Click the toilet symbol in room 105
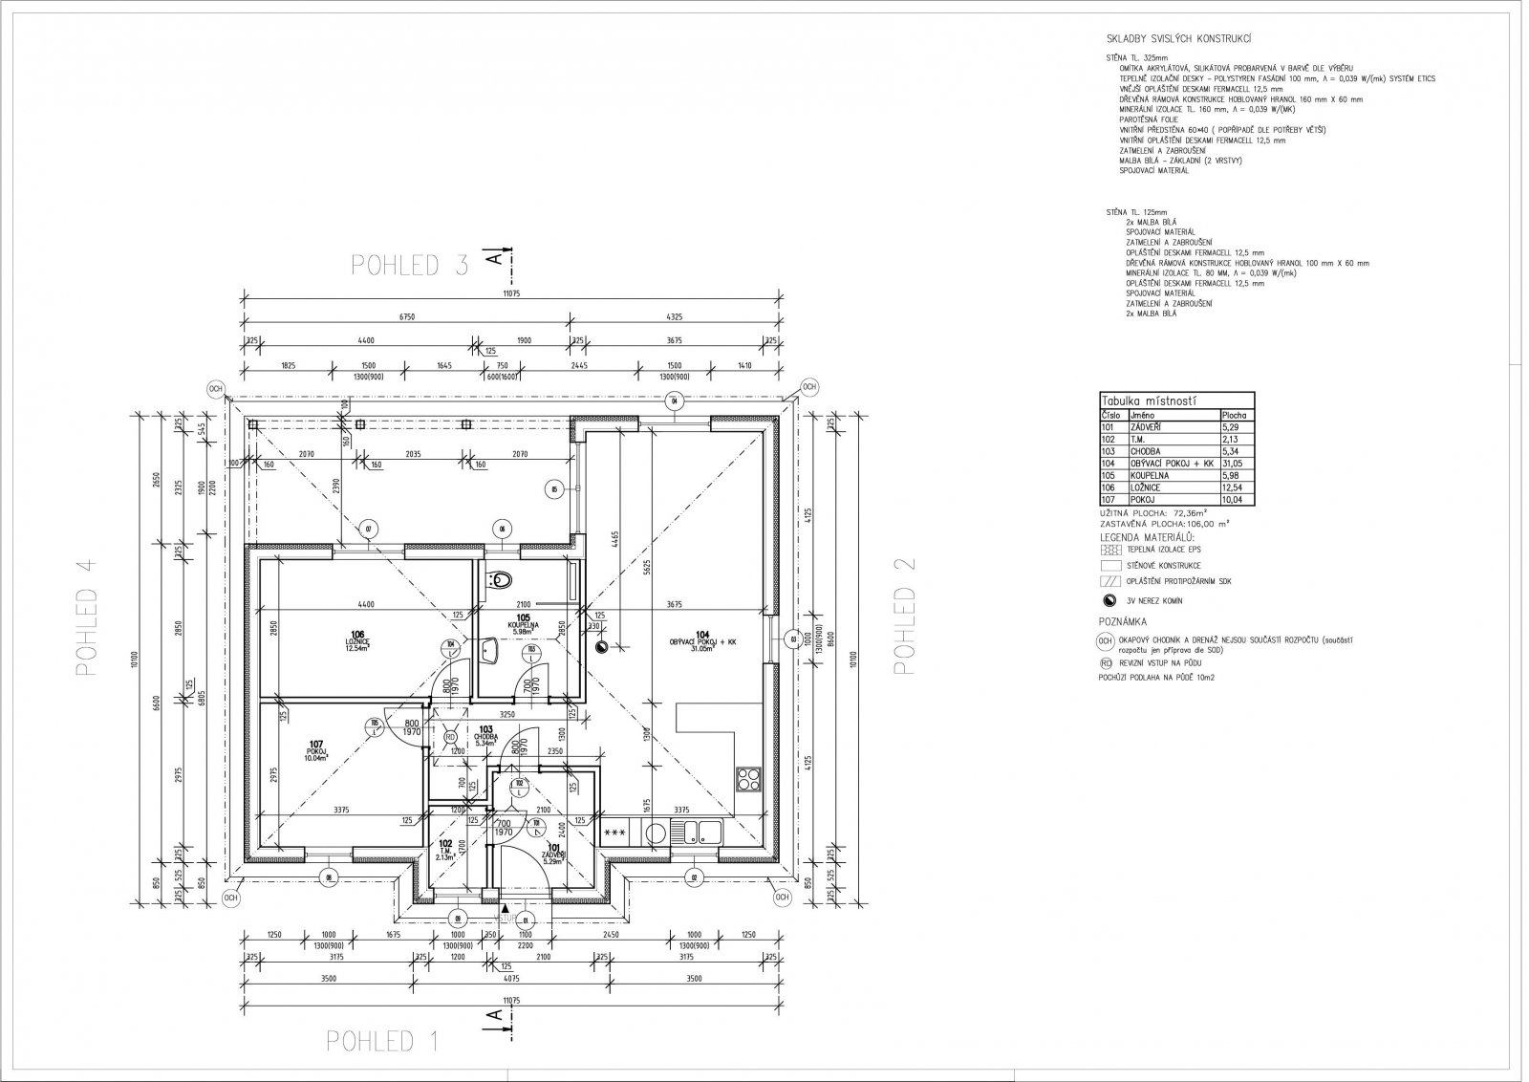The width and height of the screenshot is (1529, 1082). (499, 578)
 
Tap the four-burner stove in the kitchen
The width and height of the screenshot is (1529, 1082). (748, 778)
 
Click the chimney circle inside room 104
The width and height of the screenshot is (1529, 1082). (601, 647)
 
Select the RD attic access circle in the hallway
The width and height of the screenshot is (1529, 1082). (450, 736)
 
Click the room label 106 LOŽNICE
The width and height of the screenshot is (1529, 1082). (358, 639)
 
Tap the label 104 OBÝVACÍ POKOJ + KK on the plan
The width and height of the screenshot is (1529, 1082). (704, 639)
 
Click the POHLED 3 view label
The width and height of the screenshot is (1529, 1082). (410, 266)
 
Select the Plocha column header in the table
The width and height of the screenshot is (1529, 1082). (1235, 416)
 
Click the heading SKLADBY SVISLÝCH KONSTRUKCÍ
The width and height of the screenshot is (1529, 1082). (1174, 39)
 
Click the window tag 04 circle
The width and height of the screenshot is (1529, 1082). (673, 400)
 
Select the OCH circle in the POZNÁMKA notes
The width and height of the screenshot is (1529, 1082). (1107, 641)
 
